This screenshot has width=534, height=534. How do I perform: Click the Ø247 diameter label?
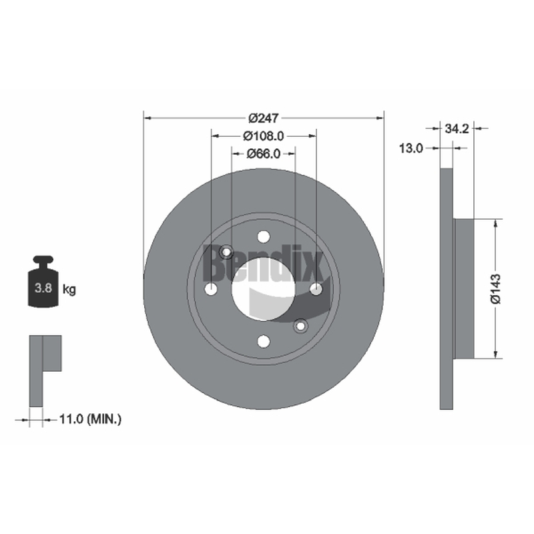pyautogui.click(x=264, y=118)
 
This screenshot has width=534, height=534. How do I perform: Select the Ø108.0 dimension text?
pyautogui.click(x=263, y=136)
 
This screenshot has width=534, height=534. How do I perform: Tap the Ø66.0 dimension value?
pyautogui.click(x=263, y=154)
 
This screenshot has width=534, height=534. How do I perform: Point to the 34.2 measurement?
pyautogui.click(x=457, y=129)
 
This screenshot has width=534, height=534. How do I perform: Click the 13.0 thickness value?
pyautogui.click(x=411, y=148)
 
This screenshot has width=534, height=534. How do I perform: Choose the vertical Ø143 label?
pyautogui.click(x=496, y=288)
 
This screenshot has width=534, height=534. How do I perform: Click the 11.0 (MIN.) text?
pyautogui.click(x=90, y=419)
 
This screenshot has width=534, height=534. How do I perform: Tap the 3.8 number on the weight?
pyautogui.click(x=43, y=288)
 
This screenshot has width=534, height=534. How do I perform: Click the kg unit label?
pyautogui.click(x=69, y=290)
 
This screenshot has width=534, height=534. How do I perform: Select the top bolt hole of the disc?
pyautogui.click(x=264, y=236)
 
